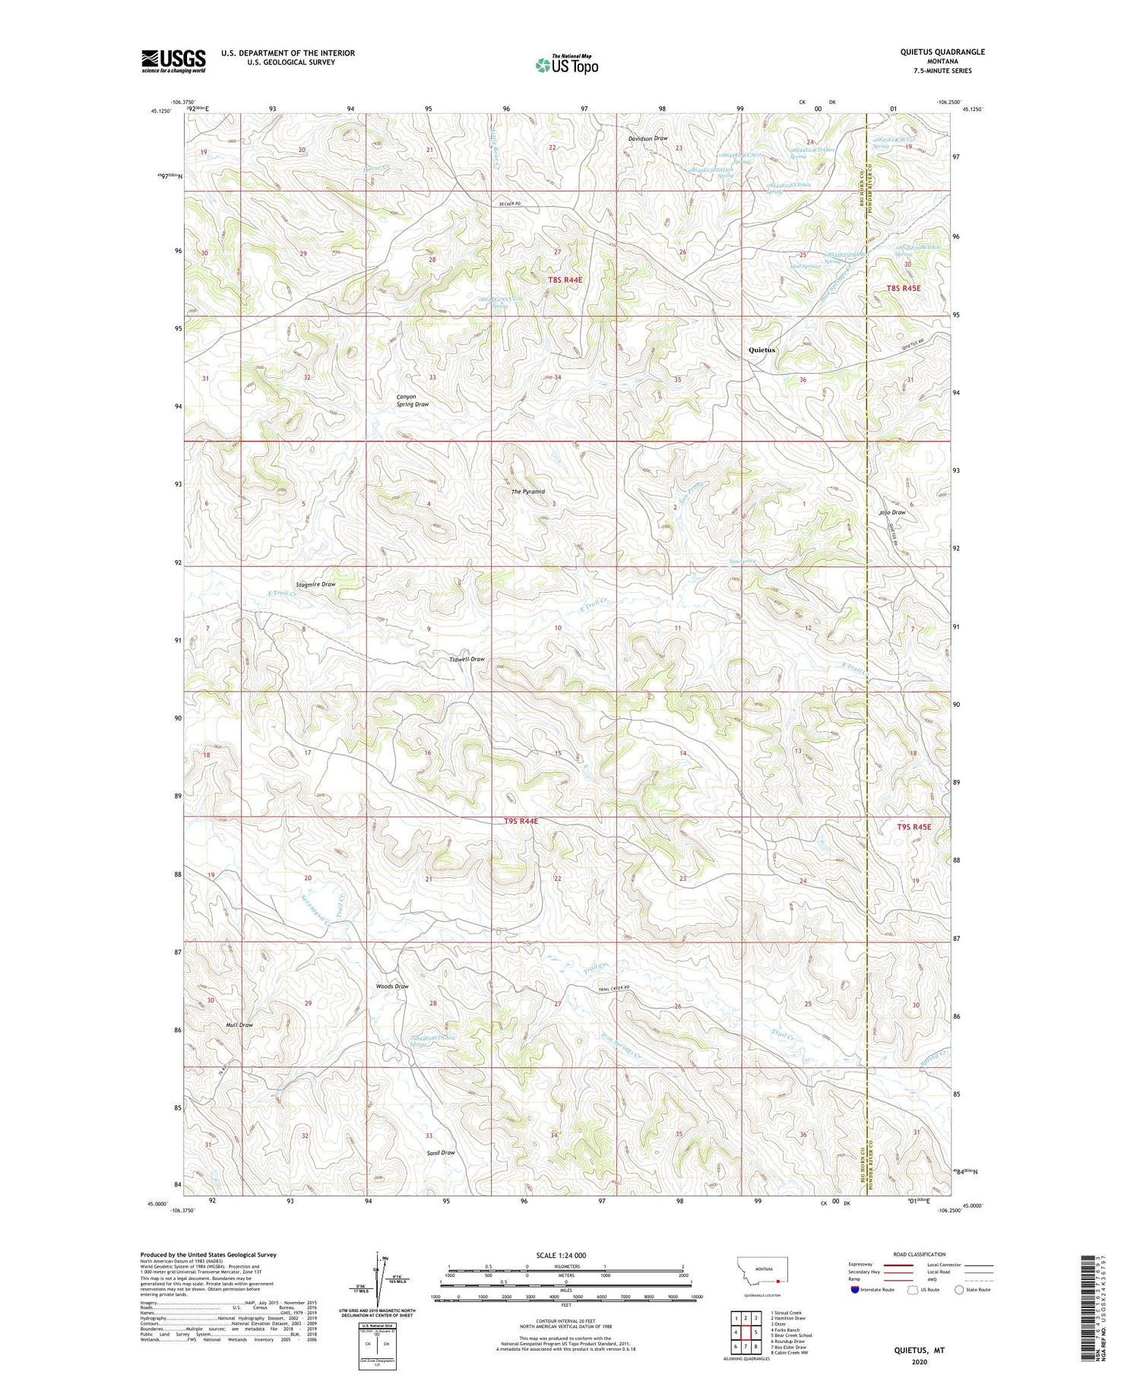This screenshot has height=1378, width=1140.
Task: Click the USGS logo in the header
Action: (x=173, y=61)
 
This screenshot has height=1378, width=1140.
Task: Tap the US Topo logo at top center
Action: (x=567, y=65)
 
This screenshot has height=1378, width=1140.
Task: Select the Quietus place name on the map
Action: (x=762, y=350)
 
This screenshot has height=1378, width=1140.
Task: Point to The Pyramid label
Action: (x=527, y=492)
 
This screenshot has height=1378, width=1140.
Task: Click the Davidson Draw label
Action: (x=648, y=138)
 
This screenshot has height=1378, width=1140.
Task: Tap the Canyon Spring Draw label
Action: (x=412, y=401)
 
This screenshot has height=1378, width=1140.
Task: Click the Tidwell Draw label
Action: (x=467, y=660)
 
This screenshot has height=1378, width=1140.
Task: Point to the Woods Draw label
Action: (x=392, y=987)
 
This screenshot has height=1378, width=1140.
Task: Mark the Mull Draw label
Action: (x=239, y=1025)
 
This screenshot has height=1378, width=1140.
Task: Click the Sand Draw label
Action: (x=441, y=1153)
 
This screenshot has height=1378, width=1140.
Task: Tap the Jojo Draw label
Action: (x=892, y=512)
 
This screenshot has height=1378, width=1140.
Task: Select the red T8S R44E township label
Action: (x=565, y=280)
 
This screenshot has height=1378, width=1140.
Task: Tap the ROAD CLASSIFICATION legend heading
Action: (x=920, y=1255)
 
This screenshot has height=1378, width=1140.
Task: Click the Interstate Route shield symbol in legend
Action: (x=855, y=1290)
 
